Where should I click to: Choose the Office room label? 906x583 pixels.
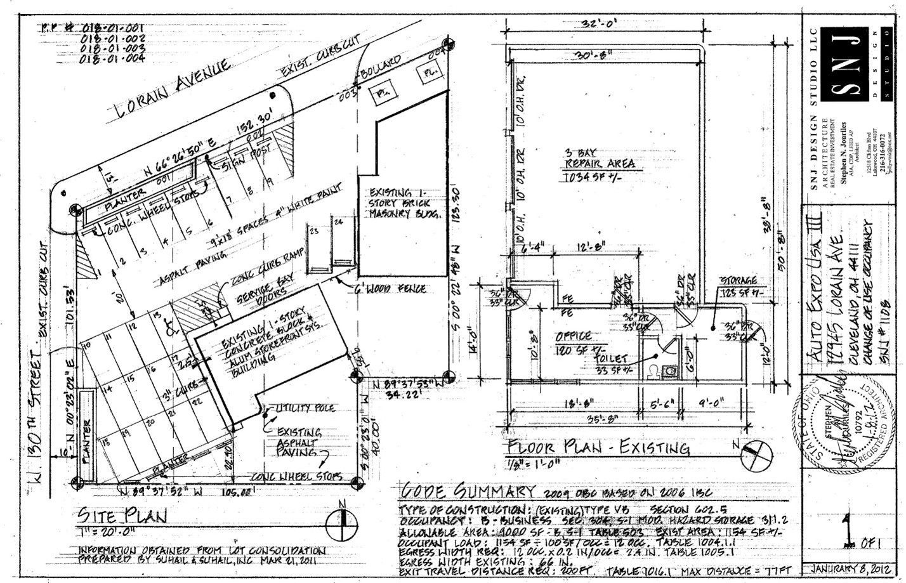click(574, 336)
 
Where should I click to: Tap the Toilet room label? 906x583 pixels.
click(609, 358)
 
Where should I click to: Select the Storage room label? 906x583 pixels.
click(737, 280)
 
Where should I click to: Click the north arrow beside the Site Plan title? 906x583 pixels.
click(341, 521)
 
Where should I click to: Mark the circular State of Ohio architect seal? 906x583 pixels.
click(844, 428)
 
